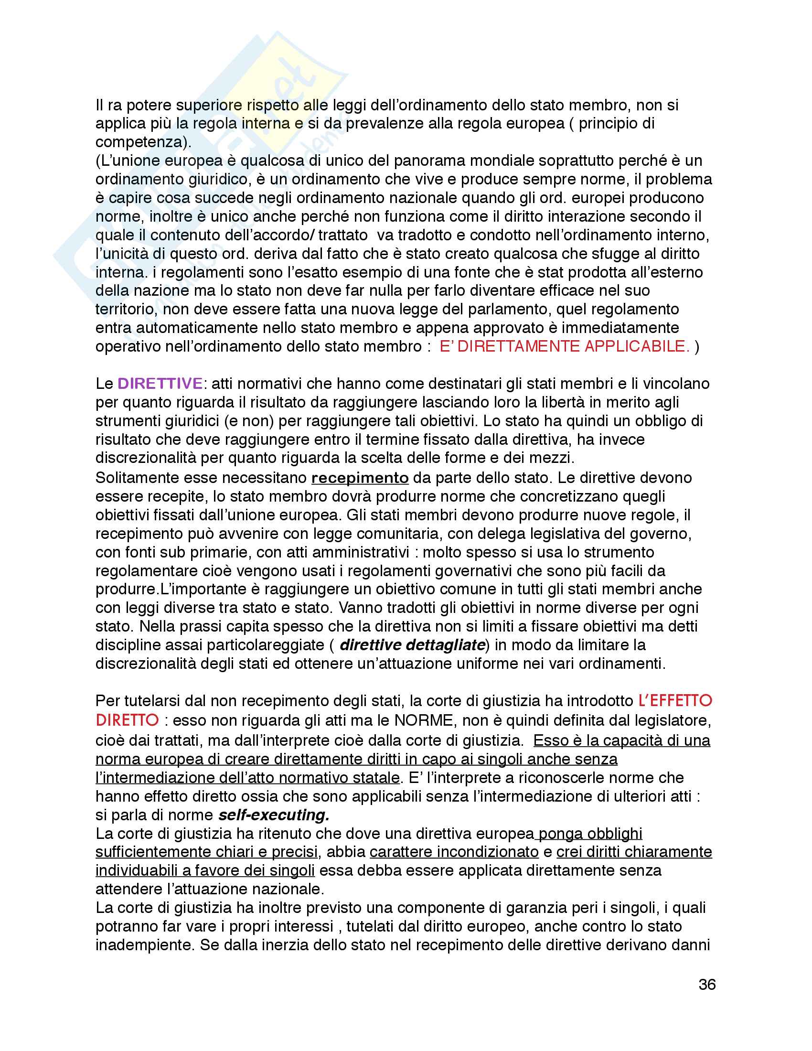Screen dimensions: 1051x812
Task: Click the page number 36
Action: [x=706, y=985]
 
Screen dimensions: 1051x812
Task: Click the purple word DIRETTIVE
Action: [x=160, y=384]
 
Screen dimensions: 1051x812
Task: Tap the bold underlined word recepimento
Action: [x=360, y=478]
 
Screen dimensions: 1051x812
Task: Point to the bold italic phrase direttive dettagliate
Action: [x=412, y=645]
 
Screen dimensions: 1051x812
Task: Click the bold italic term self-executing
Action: [x=273, y=815]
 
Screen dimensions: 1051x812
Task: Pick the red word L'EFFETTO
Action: [x=675, y=701]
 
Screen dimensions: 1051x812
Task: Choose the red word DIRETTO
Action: [x=127, y=720]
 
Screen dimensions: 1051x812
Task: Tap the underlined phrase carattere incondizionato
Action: [x=454, y=852]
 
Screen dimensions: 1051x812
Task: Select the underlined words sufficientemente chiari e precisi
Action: [x=207, y=852]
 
